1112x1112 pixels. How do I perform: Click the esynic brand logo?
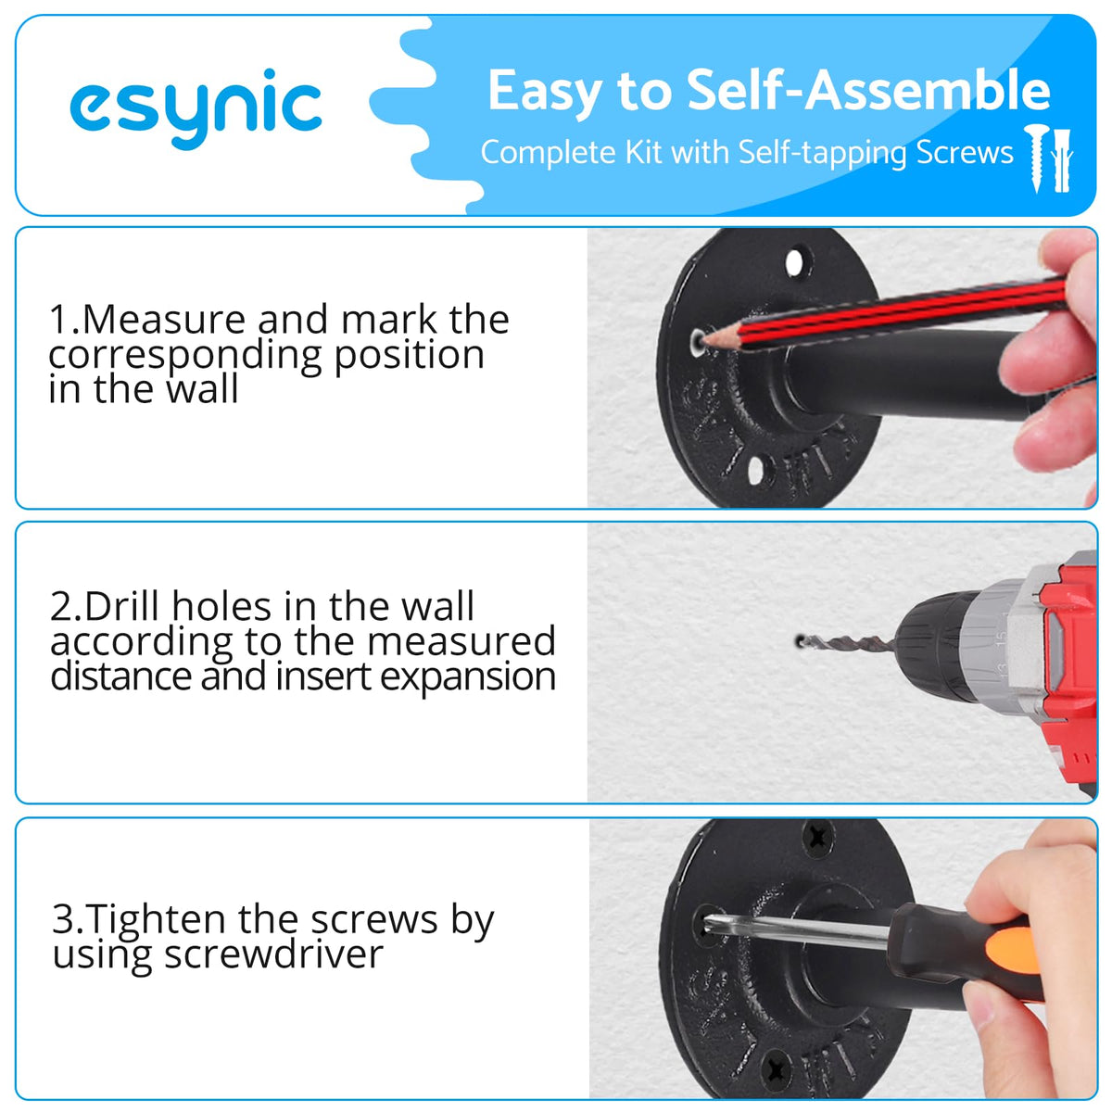click(196, 108)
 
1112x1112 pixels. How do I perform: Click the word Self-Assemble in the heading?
click(868, 91)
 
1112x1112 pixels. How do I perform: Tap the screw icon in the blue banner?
click(1037, 158)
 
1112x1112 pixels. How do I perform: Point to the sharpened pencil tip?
click(706, 339)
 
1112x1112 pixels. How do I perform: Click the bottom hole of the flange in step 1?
click(755, 471)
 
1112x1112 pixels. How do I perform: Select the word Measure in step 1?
click(164, 319)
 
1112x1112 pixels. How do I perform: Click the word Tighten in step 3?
click(157, 920)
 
